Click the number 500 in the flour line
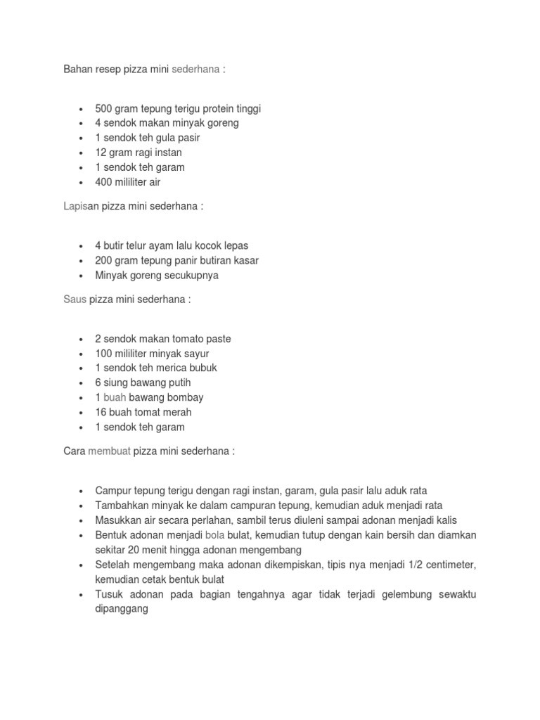click(103, 108)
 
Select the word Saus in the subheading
click(75, 300)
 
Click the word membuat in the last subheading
click(110, 451)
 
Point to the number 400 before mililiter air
click(103, 182)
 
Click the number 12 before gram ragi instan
click(101, 153)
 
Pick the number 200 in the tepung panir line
click(103, 260)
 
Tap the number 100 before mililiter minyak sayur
click(103, 354)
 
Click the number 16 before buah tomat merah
click(101, 412)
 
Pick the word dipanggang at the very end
click(122, 610)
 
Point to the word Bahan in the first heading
click(77, 70)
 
